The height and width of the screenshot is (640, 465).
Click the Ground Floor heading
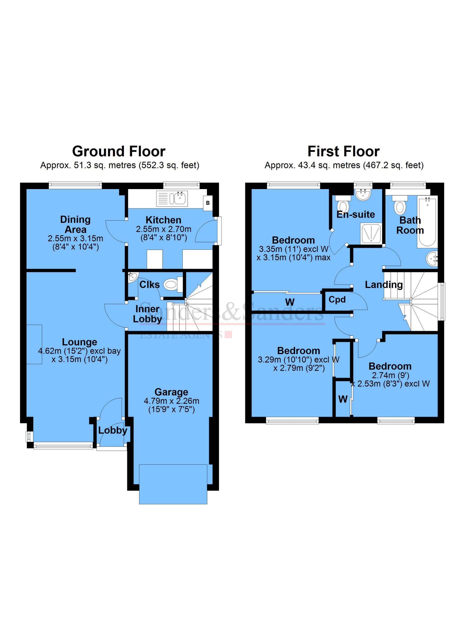[119, 152]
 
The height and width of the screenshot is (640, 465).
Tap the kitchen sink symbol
[172, 198]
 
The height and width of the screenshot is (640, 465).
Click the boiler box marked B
[208, 203]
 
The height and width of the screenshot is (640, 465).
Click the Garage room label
[171, 392]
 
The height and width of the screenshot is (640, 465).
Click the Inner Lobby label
[147, 314]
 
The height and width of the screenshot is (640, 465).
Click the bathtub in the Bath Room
[427, 222]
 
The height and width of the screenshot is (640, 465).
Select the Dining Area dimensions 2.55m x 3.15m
[75, 238]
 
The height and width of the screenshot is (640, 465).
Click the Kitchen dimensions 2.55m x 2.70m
[163, 229]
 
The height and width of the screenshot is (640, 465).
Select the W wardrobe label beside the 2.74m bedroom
[343, 399]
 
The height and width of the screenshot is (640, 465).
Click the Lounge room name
[79, 342]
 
